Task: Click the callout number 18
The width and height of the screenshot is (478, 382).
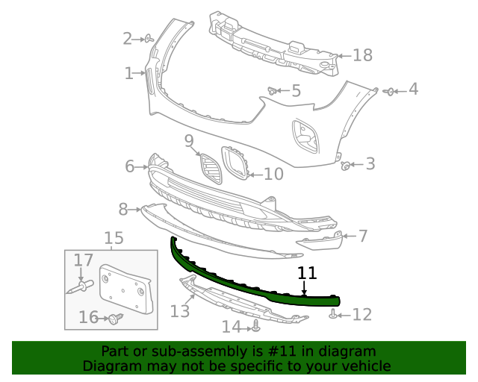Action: coord(362,55)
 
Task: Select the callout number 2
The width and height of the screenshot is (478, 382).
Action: coord(128,38)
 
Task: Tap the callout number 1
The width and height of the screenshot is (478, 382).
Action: coord(129,73)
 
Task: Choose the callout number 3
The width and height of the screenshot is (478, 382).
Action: coord(370,164)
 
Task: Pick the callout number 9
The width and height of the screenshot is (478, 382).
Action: coord(189,140)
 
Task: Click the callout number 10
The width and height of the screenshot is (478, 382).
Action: coord(273,174)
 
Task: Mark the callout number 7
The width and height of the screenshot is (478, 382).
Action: coord(363,236)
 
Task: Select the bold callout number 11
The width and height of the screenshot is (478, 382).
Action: coord(307,274)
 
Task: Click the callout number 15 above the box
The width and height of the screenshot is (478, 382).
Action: coord(114,238)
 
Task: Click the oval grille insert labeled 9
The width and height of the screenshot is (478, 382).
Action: coord(211,169)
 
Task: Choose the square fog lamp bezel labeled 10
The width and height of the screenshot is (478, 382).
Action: coord(236,163)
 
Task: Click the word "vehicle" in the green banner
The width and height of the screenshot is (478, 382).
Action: coord(361,366)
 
